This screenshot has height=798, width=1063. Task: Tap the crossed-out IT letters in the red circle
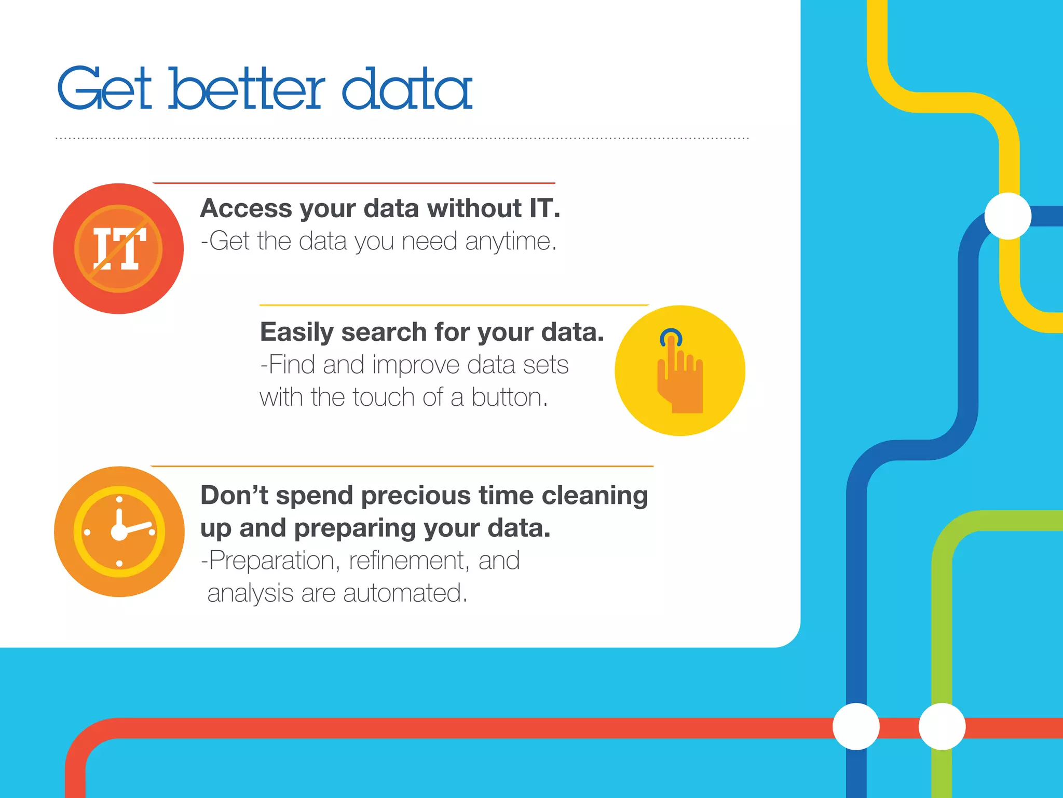(x=119, y=249)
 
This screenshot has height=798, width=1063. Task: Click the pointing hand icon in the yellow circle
(x=680, y=377)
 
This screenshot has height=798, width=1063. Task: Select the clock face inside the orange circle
(x=119, y=531)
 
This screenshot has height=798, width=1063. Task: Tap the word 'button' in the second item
(x=509, y=397)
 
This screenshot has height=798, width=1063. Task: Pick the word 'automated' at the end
(x=405, y=593)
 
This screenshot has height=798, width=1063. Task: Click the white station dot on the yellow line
(x=1007, y=216)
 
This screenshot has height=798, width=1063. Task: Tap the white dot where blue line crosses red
(x=856, y=726)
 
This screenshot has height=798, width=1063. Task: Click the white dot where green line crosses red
(x=942, y=726)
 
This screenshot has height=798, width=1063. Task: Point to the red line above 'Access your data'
(x=353, y=183)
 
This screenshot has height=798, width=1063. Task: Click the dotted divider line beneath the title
(x=402, y=138)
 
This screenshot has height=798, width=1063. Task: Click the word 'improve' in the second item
(x=415, y=365)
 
